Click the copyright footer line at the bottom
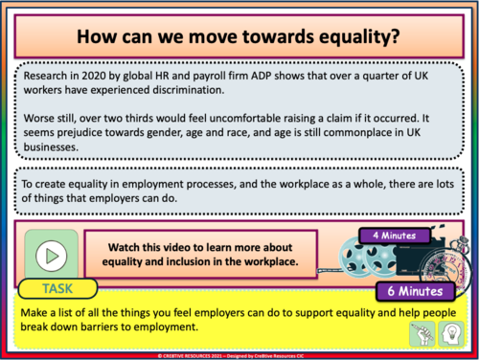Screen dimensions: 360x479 click(239, 354)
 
